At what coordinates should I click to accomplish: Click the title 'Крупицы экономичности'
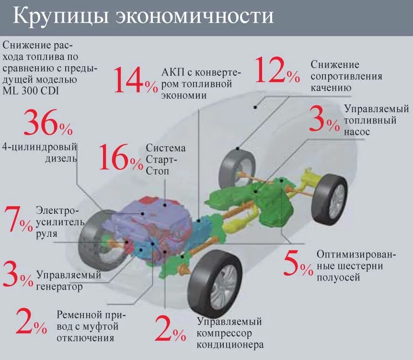click(x=143, y=16)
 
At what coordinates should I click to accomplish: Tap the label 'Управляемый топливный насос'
click(x=370, y=120)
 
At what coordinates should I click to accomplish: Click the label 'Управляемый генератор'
click(x=69, y=281)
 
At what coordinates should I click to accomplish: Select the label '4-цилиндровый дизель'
click(x=39, y=151)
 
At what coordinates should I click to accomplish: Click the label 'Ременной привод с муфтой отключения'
click(x=87, y=326)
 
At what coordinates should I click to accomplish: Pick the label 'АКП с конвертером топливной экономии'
click(x=201, y=83)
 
